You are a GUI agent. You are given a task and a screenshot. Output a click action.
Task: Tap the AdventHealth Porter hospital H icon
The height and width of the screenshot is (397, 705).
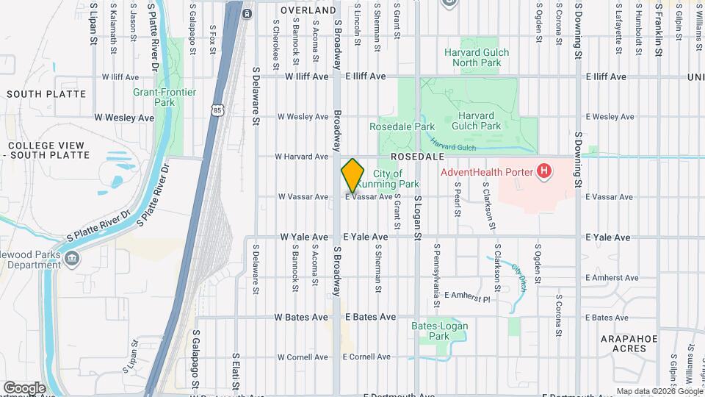tap(544, 172)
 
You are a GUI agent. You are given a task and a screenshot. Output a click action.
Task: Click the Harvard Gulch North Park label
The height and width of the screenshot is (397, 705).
tap(482, 57)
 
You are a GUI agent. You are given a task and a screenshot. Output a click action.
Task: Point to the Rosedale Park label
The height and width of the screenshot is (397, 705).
tap(402, 126)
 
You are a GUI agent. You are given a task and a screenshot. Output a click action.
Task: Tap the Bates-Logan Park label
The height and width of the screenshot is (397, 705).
tap(440, 331)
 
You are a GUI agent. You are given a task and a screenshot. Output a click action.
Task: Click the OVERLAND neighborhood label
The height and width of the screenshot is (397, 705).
tap(308, 11)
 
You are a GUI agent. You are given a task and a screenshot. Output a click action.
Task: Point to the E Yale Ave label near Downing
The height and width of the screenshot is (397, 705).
tap(608, 237)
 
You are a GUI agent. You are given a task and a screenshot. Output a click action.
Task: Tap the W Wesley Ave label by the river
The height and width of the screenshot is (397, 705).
tap(124, 117)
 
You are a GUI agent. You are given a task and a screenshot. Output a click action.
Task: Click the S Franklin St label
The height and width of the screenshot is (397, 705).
tap(659, 24)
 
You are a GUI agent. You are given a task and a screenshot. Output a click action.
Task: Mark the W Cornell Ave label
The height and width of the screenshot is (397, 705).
tap(303, 357)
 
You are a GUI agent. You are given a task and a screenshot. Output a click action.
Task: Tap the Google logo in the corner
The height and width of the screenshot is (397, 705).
tap(24, 387)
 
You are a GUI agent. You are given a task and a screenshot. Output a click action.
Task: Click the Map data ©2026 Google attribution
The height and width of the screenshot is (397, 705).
tap(658, 391)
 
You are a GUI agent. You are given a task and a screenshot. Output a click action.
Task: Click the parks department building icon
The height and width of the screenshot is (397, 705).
tap(72, 258)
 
